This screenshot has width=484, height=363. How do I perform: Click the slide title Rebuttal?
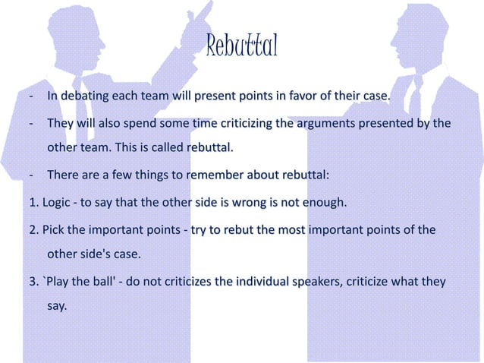242,48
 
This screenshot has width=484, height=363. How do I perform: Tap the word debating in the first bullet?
86,97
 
